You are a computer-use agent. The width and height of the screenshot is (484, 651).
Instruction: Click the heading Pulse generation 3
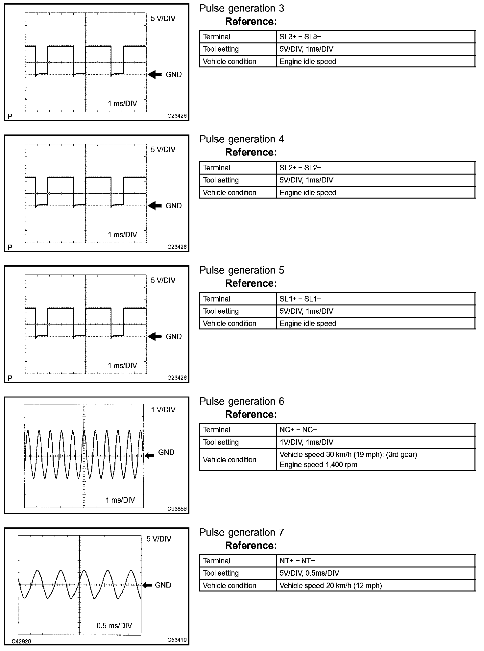(x=242, y=9)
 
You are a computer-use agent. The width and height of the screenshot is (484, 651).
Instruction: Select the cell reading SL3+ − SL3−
(x=300, y=37)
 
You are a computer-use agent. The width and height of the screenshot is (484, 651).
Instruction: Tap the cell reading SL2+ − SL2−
(x=300, y=168)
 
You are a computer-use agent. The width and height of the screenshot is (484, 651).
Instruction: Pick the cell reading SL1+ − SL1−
(x=300, y=299)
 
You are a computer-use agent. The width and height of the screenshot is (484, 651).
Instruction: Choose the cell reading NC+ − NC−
(x=298, y=430)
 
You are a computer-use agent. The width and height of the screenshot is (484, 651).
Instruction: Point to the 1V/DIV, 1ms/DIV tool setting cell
(x=306, y=442)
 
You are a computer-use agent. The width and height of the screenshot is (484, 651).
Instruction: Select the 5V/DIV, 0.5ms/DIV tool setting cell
(x=309, y=573)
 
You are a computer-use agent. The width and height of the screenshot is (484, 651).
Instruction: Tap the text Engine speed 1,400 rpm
(x=318, y=465)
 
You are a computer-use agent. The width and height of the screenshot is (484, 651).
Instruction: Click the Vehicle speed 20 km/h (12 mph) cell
(x=330, y=586)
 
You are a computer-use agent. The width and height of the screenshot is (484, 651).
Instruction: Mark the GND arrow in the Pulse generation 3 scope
(x=155, y=75)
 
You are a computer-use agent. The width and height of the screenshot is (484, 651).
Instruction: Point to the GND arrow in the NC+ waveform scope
(x=150, y=455)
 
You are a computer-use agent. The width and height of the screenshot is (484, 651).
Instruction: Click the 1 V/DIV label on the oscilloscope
(x=163, y=410)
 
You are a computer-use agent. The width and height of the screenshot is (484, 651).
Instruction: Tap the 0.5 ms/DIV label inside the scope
(x=114, y=626)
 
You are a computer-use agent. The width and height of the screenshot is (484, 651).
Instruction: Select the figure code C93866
(x=177, y=509)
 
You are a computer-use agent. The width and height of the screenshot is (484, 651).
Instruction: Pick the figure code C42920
(x=21, y=641)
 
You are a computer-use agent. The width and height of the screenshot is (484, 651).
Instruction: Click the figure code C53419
(x=177, y=640)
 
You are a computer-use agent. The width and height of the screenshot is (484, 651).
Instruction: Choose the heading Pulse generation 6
(x=242, y=401)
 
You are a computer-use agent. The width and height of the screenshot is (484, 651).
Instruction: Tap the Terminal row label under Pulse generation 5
(x=216, y=299)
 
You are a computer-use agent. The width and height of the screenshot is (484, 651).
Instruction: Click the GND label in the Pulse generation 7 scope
(x=163, y=585)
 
